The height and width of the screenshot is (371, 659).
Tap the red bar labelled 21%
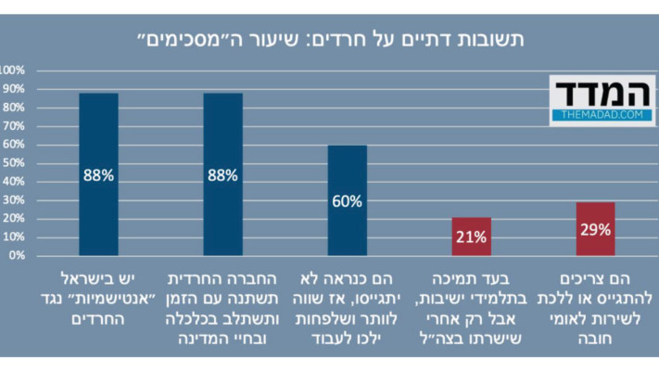471,237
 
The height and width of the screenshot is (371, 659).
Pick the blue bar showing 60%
347,199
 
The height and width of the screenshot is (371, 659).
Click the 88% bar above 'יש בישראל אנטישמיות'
98,173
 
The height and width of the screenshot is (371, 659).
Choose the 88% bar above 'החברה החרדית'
222,173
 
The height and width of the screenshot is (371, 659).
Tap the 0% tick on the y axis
18,255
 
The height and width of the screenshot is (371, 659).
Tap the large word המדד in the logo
601,93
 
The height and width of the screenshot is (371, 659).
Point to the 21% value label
471,237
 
